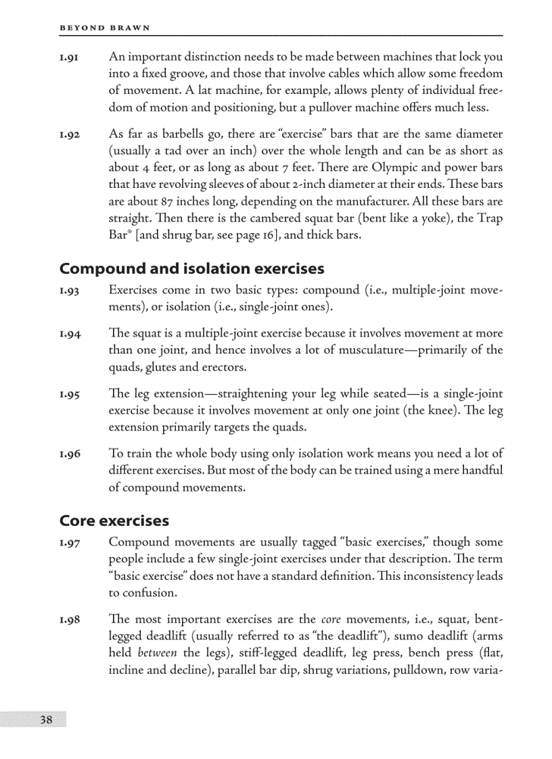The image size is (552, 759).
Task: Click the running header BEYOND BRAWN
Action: coord(104,28)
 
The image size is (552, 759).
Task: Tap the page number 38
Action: coord(46,718)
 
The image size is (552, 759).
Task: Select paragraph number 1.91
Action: coord(70,57)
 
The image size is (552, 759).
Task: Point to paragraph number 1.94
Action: coord(70,333)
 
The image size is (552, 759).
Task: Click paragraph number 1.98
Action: coord(70,620)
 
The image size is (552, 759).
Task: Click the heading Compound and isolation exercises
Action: coord(192,269)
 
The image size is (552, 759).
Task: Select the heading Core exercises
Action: coord(114,521)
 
